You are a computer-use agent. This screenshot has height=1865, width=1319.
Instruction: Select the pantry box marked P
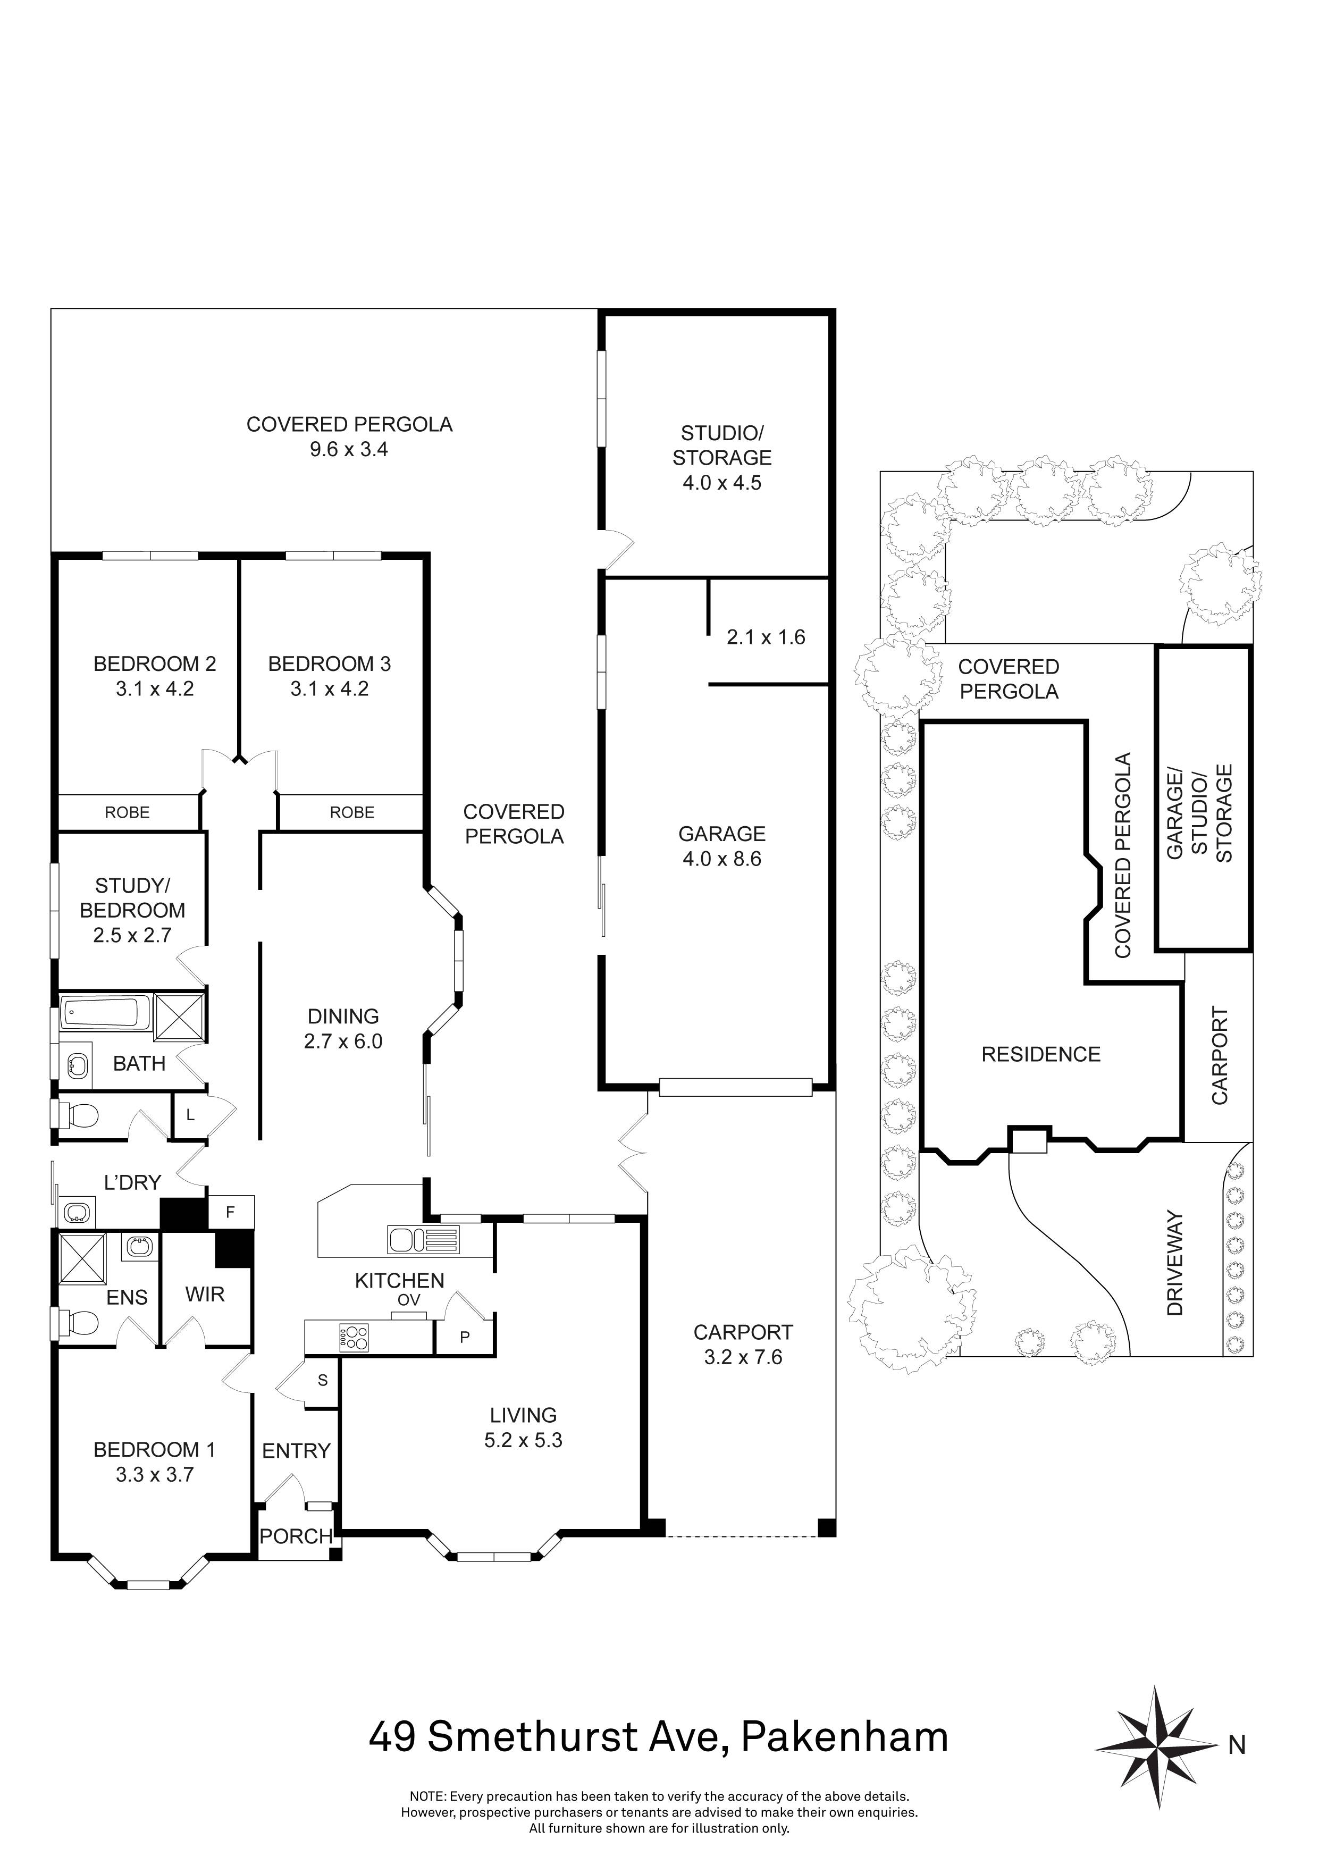coord(465,1336)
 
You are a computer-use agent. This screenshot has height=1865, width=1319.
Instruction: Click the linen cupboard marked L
coord(190,1115)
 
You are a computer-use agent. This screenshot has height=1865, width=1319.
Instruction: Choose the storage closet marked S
coord(323,1379)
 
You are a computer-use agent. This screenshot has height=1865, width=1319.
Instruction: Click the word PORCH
coord(296,1536)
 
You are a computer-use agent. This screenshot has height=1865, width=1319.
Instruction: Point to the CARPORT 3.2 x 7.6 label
coord(742,1345)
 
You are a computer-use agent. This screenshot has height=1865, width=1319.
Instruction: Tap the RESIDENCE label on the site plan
coord(1040,1054)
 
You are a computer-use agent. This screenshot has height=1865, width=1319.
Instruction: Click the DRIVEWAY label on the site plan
coord(1174,1263)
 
